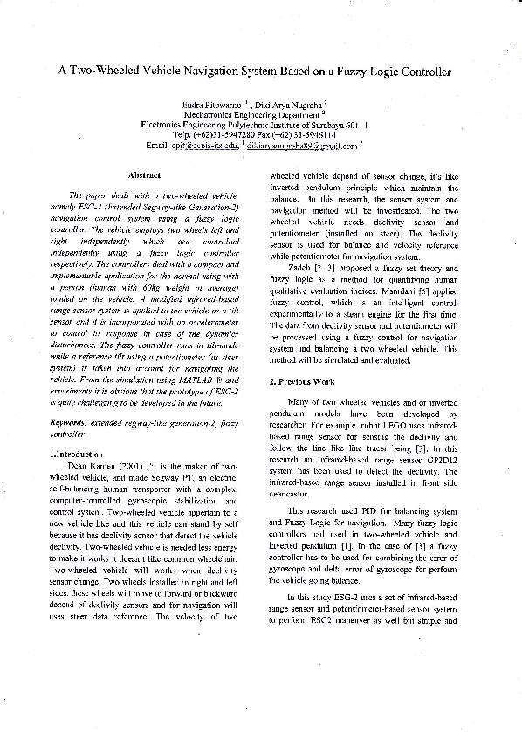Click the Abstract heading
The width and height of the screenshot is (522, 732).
click(143, 176)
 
